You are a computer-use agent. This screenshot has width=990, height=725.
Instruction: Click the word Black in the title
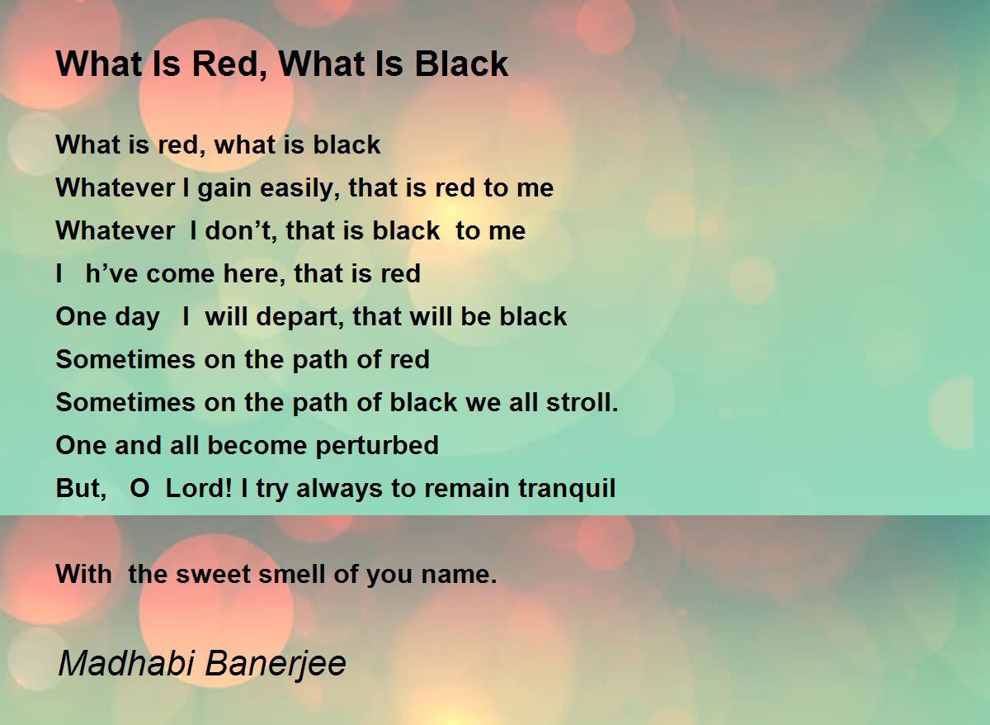[x=461, y=64]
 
